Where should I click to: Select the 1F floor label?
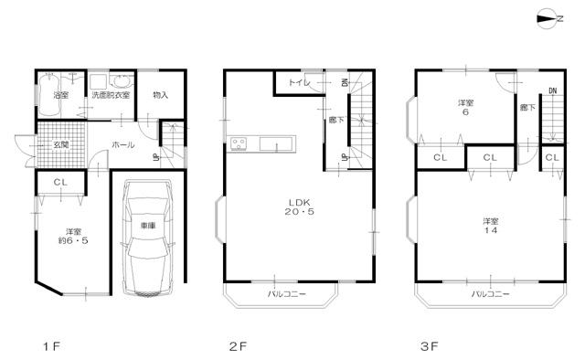click(x=50, y=347)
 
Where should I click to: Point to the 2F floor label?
click(x=238, y=347)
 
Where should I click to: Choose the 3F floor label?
click(x=431, y=347)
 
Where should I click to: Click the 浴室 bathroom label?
click(x=62, y=94)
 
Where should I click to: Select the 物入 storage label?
click(x=160, y=94)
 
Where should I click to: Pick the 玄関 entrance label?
click(x=60, y=145)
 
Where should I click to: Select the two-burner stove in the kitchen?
click(x=239, y=143)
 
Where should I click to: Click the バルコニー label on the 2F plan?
click(x=286, y=294)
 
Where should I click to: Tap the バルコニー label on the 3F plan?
click(x=491, y=294)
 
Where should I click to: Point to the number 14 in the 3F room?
click(x=491, y=231)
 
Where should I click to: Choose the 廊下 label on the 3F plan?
click(x=526, y=108)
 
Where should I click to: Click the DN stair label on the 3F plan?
click(x=553, y=90)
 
